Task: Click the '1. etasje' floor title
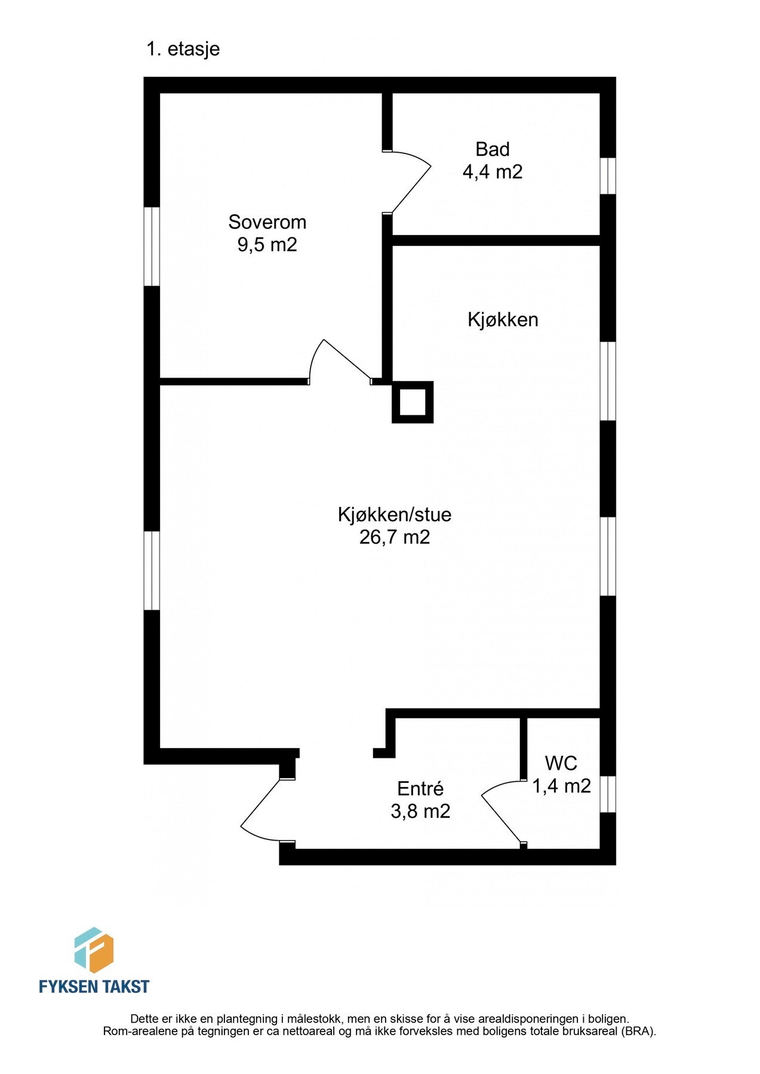tap(183, 49)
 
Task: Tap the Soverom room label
tap(267, 222)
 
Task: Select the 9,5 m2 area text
tap(267, 245)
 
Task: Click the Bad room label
tap(493, 149)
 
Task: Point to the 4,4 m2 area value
tap(493, 172)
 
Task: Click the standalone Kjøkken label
tap(503, 320)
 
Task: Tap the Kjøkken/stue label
tap(394, 514)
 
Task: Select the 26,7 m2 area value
tap(394, 537)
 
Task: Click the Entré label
tap(420, 789)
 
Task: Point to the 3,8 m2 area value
tap(420, 811)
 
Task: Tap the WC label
tap(561, 763)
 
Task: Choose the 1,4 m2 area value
tap(561, 786)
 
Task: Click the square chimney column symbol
tap(412, 402)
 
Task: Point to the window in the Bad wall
tap(608, 176)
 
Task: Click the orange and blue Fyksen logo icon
tap(94, 950)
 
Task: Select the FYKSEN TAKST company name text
tap(94, 986)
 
